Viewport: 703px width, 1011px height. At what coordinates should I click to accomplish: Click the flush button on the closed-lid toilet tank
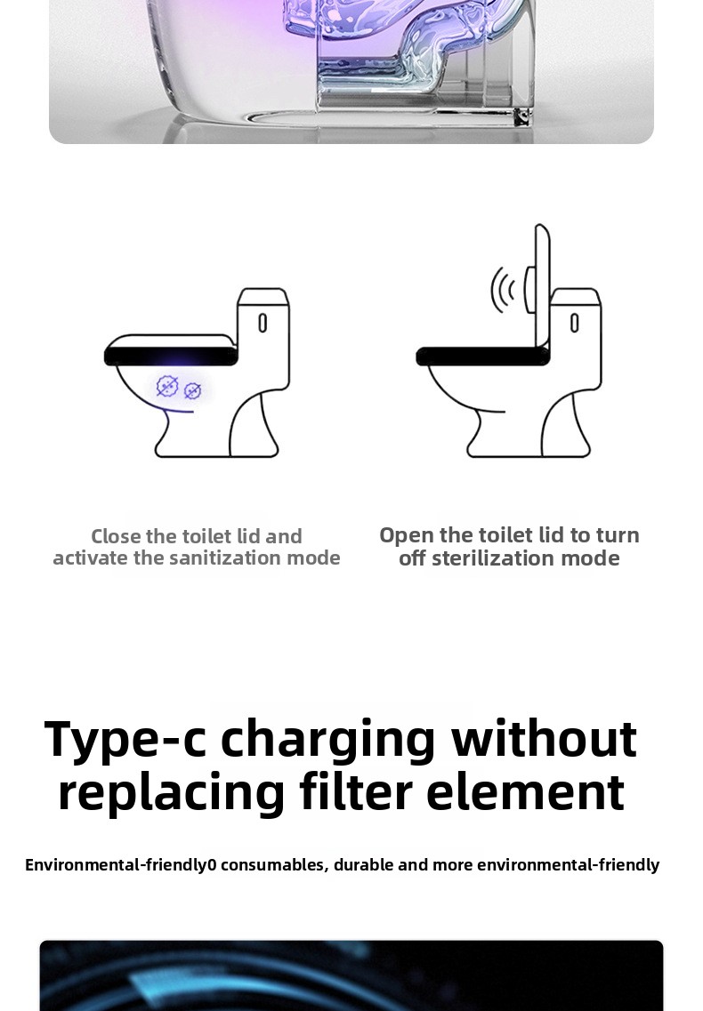263,323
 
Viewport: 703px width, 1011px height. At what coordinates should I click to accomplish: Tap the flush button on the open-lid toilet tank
574,323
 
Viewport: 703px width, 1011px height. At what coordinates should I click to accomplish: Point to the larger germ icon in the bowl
167,386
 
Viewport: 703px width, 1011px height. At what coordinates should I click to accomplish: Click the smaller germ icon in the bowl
192,390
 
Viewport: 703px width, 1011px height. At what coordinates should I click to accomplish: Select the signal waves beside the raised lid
502,290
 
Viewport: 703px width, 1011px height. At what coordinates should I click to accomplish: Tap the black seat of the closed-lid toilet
171,356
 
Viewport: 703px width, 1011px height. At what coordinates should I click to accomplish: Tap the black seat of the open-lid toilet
482,356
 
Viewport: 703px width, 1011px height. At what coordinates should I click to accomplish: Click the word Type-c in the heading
125,740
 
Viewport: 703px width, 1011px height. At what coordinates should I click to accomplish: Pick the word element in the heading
526,792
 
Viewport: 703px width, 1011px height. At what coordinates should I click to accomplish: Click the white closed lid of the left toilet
169,341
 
